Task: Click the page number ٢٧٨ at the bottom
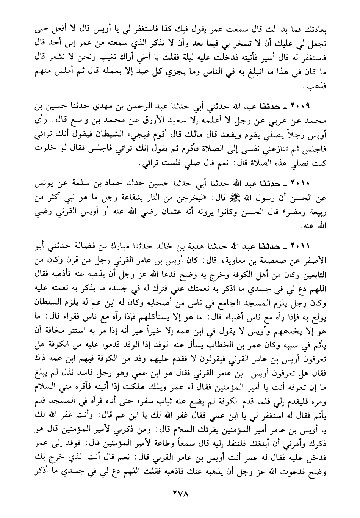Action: coord(180,494)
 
